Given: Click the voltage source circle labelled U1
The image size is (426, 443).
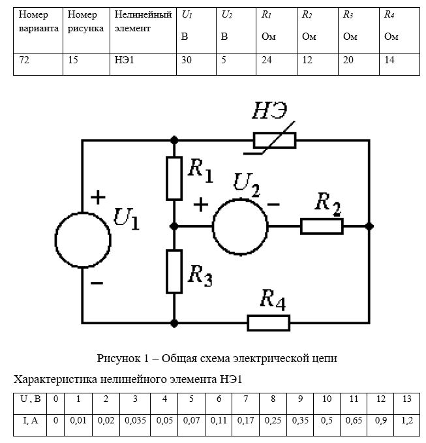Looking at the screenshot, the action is (x=56, y=240).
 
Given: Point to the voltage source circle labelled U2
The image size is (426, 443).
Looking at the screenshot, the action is (x=213, y=226).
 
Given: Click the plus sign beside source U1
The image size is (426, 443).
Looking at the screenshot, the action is (x=98, y=197).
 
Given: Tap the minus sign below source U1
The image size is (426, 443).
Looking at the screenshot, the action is (x=97, y=283).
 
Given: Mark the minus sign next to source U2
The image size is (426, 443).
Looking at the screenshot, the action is (x=273, y=204).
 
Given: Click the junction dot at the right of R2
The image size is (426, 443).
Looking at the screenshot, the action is (x=369, y=226).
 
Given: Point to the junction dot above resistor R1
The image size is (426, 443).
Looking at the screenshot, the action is (x=174, y=140).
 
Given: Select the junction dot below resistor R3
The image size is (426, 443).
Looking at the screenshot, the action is (x=174, y=323).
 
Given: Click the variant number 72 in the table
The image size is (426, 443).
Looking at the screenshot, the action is (x=24, y=60).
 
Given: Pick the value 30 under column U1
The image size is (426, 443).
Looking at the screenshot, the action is (x=187, y=60).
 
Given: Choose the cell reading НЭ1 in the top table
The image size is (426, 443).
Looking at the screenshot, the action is (x=125, y=60).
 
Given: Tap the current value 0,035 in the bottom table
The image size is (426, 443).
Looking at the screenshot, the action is (x=135, y=421).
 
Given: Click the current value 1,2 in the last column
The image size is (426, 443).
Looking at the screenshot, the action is (x=407, y=421).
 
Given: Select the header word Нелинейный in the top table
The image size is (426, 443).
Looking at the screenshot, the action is (x=144, y=15).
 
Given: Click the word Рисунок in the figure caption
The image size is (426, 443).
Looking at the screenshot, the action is (x=119, y=359).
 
